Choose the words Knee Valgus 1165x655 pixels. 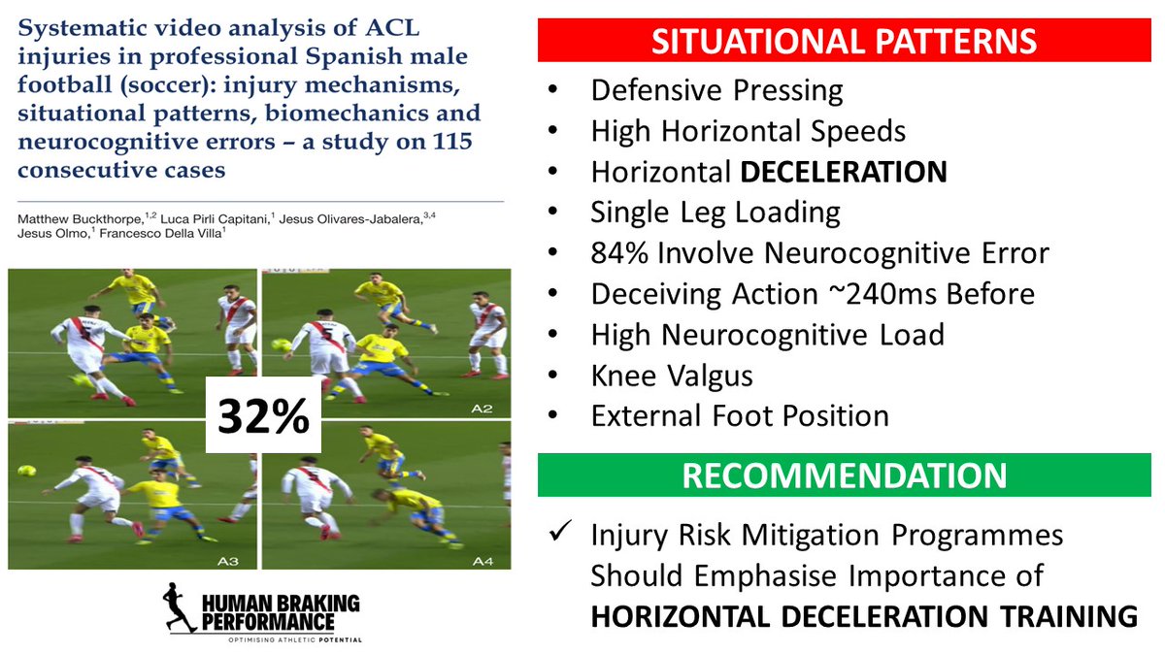point(669,376)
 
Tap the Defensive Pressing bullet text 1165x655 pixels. point(716,90)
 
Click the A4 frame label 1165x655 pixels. point(483,561)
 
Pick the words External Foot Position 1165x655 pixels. point(740,416)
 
